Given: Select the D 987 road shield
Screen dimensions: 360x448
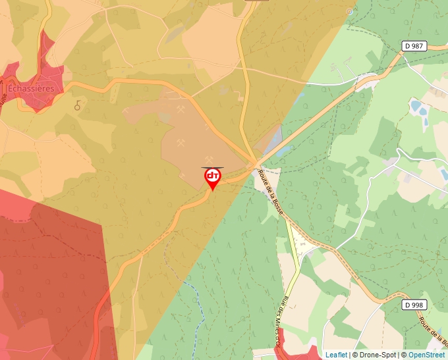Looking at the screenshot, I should [x=414, y=46].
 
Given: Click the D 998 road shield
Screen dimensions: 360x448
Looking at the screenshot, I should [x=414, y=305].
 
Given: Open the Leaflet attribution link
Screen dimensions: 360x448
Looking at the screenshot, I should [x=336, y=355].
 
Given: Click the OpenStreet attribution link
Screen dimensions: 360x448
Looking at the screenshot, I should [x=426, y=355].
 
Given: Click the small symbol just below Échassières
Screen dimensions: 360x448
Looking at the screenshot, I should [x=78, y=105].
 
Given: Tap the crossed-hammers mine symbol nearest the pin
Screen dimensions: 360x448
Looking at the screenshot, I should [x=210, y=160].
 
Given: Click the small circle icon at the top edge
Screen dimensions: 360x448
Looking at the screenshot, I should [x=349, y=11].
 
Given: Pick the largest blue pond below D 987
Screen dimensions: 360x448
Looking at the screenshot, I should [x=417, y=105].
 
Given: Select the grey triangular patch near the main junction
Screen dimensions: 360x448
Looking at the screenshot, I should [x=275, y=135].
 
